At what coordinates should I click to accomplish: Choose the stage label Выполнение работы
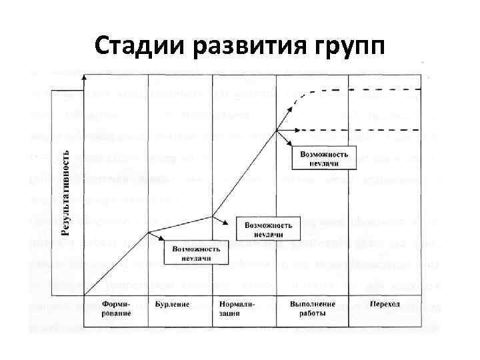click(x=312, y=308)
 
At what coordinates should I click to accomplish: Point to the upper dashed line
click(x=373, y=89)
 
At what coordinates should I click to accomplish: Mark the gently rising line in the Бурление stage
click(x=180, y=224)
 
